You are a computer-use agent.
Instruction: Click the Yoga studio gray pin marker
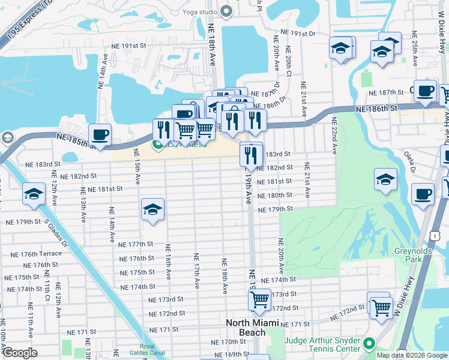click(226, 11)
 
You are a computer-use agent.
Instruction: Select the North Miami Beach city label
click(252, 328)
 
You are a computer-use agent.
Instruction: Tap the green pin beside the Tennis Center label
click(369, 344)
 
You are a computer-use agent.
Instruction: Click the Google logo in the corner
click(19, 353)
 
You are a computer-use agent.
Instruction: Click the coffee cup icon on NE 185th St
click(100, 134)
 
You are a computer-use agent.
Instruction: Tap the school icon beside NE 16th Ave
click(153, 209)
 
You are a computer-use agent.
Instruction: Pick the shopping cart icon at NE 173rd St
click(259, 299)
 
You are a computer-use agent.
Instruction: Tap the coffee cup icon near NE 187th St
click(425, 91)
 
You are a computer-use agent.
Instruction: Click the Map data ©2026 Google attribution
click(411, 355)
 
